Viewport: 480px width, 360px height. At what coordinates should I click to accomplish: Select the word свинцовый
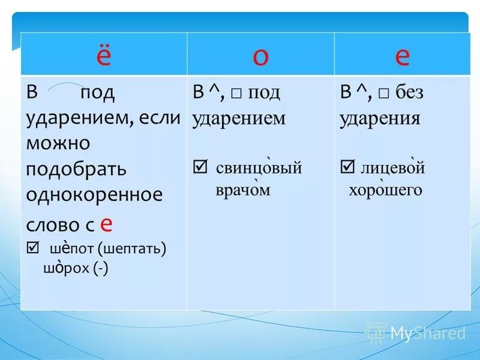coord(259,168)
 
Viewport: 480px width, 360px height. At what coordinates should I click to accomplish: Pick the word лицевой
coord(393,168)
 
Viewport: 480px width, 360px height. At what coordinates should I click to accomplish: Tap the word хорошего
coord(386,190)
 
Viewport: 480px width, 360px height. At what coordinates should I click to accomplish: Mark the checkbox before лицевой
coord(347,167)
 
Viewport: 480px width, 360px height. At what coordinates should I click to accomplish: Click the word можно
coord(58,143)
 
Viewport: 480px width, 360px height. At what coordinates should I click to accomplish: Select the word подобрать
coord(76,169)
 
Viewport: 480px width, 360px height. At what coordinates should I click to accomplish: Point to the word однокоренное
coord(94,196)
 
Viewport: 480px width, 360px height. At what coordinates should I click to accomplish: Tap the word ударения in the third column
coord(379,118)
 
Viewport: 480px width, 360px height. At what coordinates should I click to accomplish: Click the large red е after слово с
coord(106,223)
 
